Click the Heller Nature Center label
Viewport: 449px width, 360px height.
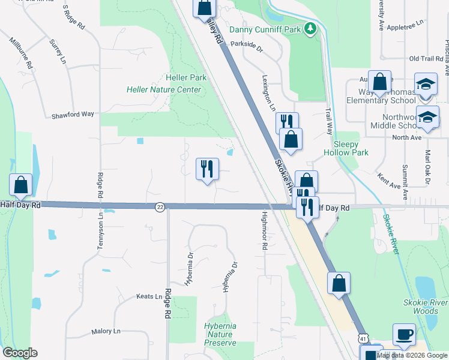[163, 90]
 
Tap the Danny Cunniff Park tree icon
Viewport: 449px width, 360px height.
[310, 28]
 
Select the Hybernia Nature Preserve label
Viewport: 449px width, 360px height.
[220, 334]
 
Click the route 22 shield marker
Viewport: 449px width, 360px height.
[160, 207]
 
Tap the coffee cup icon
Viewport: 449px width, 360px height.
[403, 334]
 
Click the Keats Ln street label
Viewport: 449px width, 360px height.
[150, 296]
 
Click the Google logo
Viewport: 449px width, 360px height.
[20, 353]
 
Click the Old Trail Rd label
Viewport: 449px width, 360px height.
[426, 58]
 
